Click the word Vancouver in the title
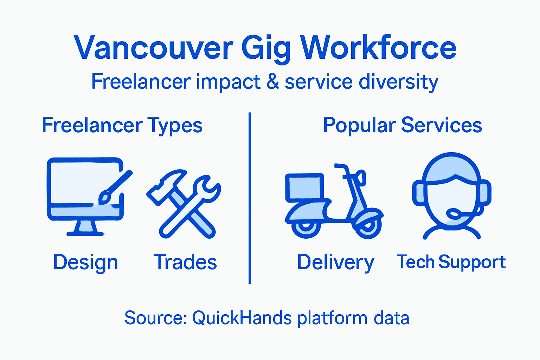(154, 48)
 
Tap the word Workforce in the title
(378, 48)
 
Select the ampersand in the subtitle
(272, 82)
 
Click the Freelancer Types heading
(122, 125)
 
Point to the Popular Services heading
(402, 125)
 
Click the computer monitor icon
(84, 190)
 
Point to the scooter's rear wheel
(306, 227)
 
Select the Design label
(85, 262)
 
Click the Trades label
(185, 262)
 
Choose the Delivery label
(335, 262)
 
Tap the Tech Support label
(451, 262)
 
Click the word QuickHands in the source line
(242, 318)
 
